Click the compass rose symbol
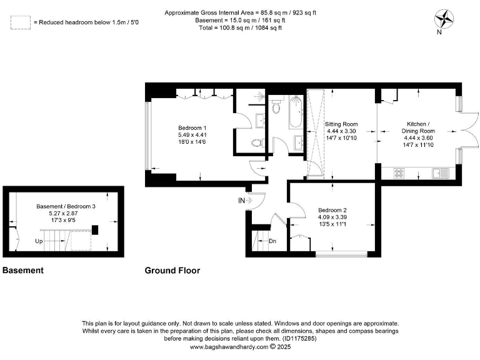[x=444, y=19]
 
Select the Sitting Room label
[x=341, y=124]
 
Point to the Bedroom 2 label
[x=332, y=210]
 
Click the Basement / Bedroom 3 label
[x=66, y=206]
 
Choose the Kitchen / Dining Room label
[x=418, y=127]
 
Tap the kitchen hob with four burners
[x=399, y=173]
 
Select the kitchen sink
[x=441, y=173]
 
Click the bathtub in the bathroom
[x=296, y=112]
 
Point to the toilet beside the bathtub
[x=277, y=106]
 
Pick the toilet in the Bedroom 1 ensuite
[x=257, y=142]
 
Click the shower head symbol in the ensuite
[x=259, y=96]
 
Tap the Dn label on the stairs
[x=272, y=241]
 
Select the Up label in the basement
[x=39, y=241]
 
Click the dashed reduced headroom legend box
[x=21, y=22]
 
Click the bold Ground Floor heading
[x=172, y=271]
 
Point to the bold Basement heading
[x=23, y=270]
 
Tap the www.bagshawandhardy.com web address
[x=229, y=347]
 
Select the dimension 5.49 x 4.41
[x=192, y=135]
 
